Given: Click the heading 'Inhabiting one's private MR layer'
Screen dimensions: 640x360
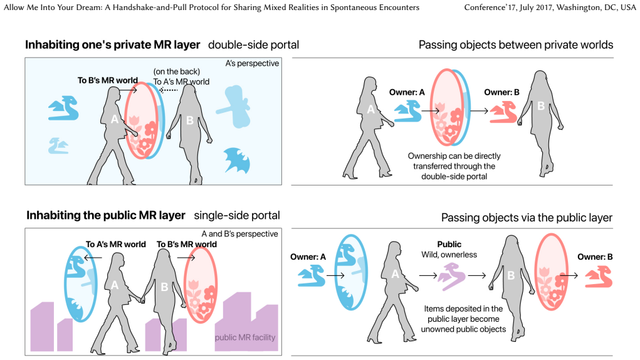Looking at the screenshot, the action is (x=113, y=45).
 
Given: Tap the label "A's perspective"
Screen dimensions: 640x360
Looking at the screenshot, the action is (x=252, y=63).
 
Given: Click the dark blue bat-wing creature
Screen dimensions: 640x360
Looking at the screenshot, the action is (x=237, y=161).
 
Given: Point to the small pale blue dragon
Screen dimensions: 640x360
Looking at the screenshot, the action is (x=58, y=146).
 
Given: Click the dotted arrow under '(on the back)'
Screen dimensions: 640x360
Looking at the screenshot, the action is (x=169, y=90).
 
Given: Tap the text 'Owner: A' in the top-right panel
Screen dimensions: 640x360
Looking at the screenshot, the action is (x=407, y=92).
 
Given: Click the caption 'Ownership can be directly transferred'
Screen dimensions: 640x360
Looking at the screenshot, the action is (x=454, y=161).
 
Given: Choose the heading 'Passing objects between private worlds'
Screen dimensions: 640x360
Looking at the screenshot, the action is (x=516, y=45).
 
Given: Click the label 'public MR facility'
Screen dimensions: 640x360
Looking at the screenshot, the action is (x=245, y=337).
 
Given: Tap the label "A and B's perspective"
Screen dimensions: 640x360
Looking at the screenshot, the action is (x=240, y=234).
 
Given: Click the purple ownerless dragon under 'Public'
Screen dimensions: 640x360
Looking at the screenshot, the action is (x=452, y=277).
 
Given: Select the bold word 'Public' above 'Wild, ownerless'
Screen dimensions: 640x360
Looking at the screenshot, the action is (x=449, y=245).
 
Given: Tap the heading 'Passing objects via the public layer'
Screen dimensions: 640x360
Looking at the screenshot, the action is (x=527, y=218).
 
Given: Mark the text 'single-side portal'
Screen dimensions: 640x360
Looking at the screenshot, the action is (x=237, y=216).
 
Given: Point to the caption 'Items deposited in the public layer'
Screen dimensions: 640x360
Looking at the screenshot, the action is (x=463, y=314).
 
